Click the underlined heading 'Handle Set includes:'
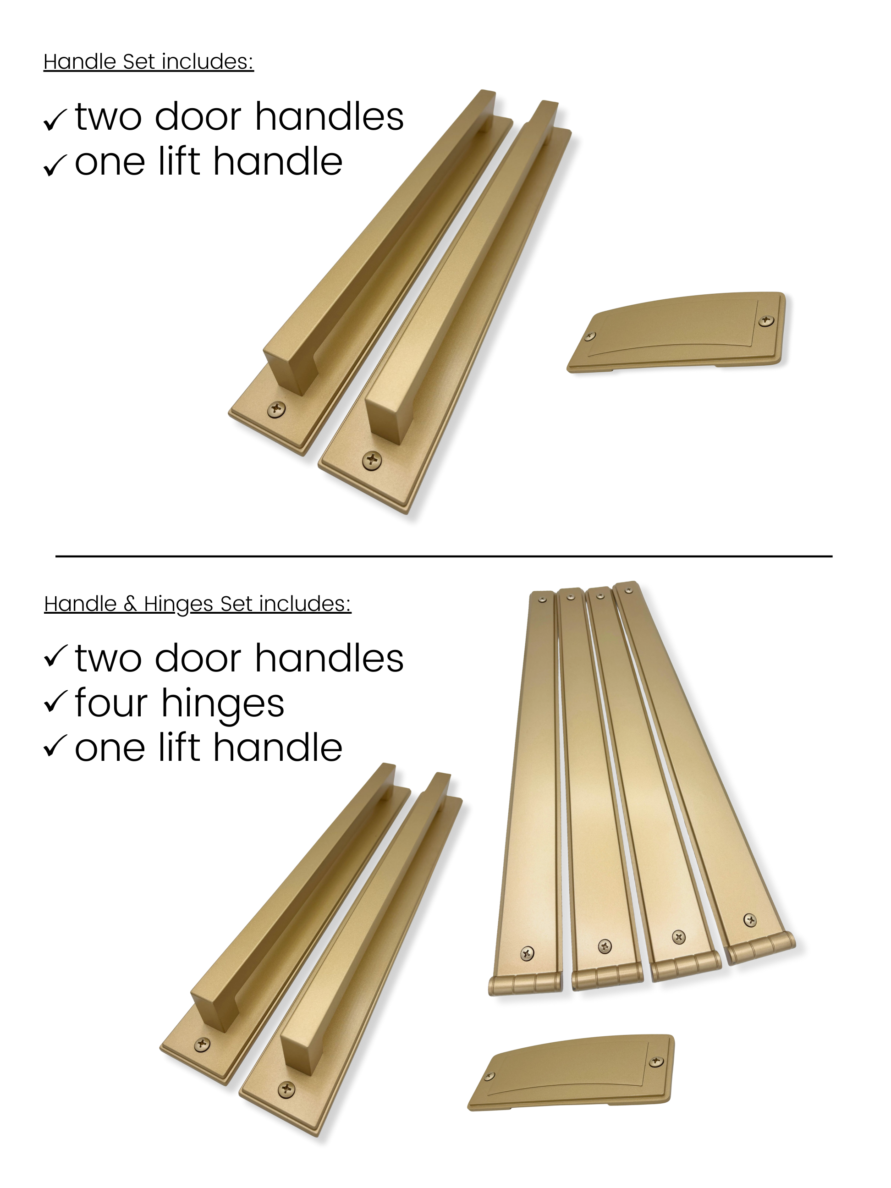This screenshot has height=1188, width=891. pos(149,62)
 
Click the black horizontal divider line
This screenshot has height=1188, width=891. pos(444,556)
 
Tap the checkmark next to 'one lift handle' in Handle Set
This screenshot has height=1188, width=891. pos(55,165)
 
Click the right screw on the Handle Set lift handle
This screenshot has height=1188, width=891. pos(765,321)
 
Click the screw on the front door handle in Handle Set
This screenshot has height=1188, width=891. pos(372,460)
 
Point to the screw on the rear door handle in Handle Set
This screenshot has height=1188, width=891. pos(276,409)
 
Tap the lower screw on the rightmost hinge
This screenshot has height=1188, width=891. pos(750,920)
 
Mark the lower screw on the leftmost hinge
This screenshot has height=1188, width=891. pos(528,953)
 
